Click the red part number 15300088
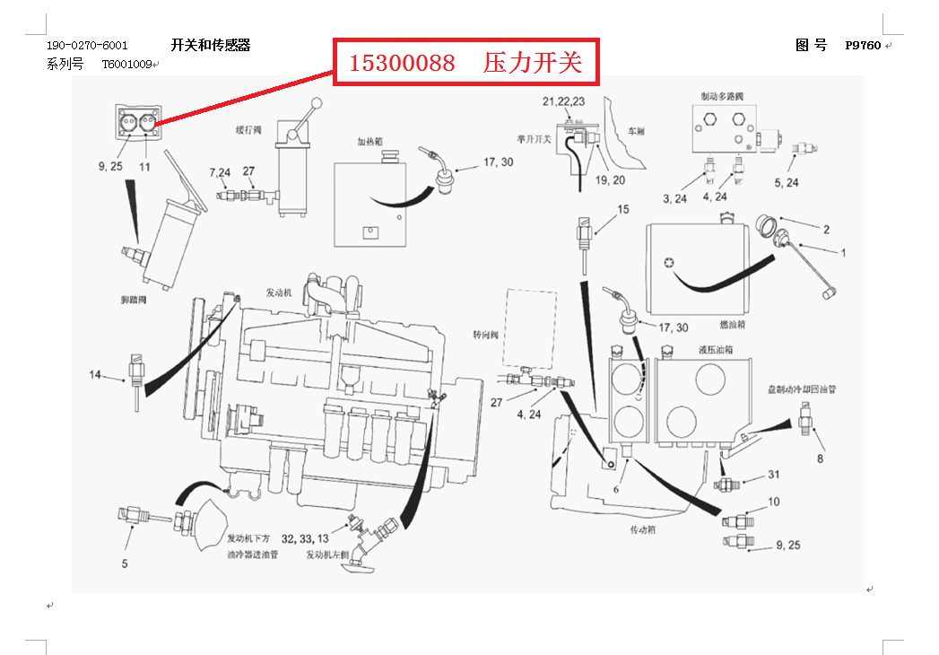(401, 63)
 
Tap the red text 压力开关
(533, 63)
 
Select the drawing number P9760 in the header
(863, 46)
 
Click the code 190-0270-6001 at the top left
(87, 46)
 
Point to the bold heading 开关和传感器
(211, 46)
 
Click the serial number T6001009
(126, 65)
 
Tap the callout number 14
(95, 374)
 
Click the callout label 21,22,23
(563, 100)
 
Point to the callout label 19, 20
(609, 179)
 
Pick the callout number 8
(819, 459)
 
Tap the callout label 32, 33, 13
(305, 539)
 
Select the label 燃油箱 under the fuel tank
(734, 324)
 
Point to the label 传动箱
(644, 529)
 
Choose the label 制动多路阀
(722, 95)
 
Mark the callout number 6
(616, 489)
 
